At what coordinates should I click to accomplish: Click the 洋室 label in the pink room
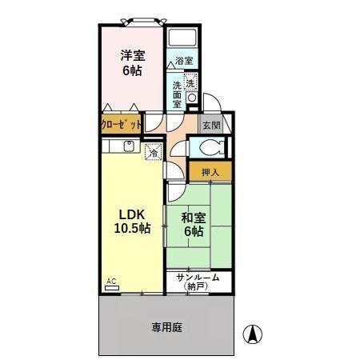[133, 56]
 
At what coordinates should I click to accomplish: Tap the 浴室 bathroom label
[185, 61]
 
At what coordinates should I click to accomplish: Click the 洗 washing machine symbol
[191, 82]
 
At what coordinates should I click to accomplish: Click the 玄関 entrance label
[210, 126]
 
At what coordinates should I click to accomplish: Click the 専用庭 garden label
[166, 326]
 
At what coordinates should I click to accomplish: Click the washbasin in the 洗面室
[192, 98]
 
